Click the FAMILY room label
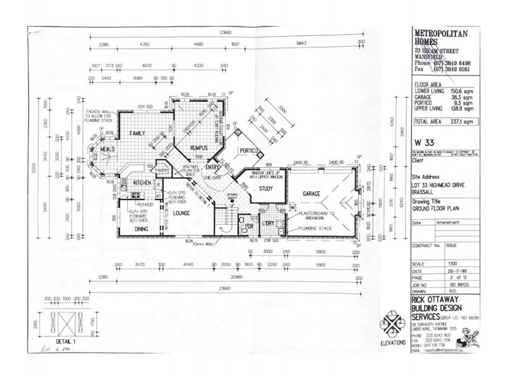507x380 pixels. point(138,134)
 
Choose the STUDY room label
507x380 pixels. point(266,188)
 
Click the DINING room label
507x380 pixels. point(141,229)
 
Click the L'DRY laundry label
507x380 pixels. point(268,224)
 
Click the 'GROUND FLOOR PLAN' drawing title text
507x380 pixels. point(436,206)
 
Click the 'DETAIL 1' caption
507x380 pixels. point(63,341)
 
